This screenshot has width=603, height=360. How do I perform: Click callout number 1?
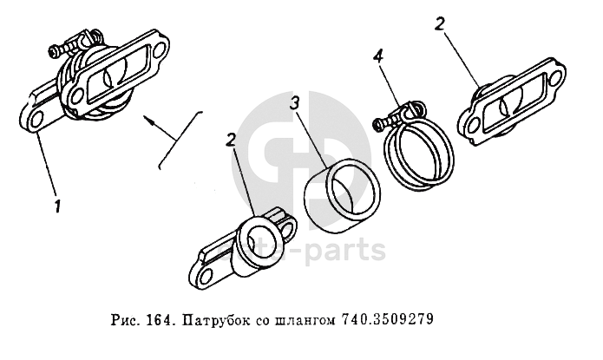pos(57,206)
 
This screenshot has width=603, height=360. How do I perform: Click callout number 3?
pos(295,102)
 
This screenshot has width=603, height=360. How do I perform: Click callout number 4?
pos(378,57)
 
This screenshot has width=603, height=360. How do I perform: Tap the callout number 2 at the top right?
pos(440,24)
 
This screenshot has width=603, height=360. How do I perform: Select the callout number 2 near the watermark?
pos(231,140)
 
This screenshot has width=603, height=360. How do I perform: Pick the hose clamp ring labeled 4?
pos(420,154)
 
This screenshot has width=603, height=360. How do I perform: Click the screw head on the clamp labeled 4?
pos(378,123)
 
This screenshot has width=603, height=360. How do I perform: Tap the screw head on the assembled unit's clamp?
pos(54,50)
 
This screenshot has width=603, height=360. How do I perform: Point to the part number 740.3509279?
pos(387,319)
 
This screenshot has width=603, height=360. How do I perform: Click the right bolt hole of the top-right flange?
pos(554,80)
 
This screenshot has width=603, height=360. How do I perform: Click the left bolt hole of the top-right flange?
pos(471,126)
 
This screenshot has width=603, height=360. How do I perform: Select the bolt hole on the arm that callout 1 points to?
pos(36,121)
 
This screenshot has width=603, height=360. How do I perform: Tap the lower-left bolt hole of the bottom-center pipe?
pos(206,275)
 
